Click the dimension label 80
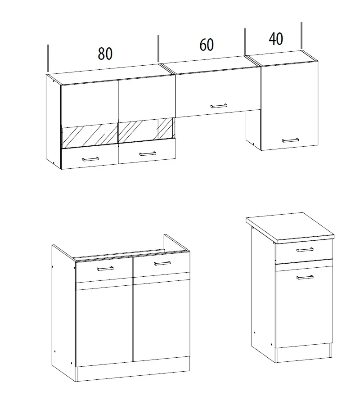[x=105, y=54]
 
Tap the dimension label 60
[x=207, y=45]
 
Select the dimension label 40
[x=276, y=39]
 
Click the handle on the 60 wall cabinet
[x=219, y=106]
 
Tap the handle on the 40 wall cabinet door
[x=291, y=140]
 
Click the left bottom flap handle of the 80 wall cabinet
[x=90, y=158]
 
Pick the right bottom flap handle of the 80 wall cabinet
[x=148, y=154]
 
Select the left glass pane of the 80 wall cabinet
[x=90, y=136]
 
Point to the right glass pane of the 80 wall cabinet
[x=147, y=130]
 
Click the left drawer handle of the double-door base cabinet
[x=105, y=269]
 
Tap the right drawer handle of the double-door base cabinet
[x=162, y=263]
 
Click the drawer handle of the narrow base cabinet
[x=305, y=250]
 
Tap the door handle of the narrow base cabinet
[x=305, y=277]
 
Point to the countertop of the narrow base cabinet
[x=290, y=228]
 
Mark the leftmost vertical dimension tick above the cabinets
[x=48, y=58]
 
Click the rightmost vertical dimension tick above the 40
[x=301, y=36]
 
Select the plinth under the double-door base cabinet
[x=132, y=369]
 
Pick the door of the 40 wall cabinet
[x=289, y=106]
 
